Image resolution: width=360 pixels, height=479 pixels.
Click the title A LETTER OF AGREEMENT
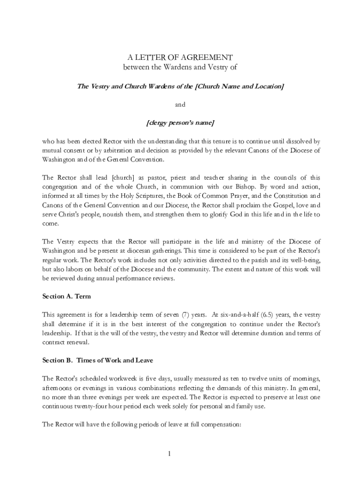click(180, 58)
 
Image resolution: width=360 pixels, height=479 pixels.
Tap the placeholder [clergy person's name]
click(180, 123)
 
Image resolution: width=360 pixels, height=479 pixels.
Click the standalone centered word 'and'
click(180, 105)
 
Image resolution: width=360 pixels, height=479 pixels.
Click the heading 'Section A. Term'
click(67, 297)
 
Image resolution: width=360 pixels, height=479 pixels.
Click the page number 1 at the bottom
click(180, 453)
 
